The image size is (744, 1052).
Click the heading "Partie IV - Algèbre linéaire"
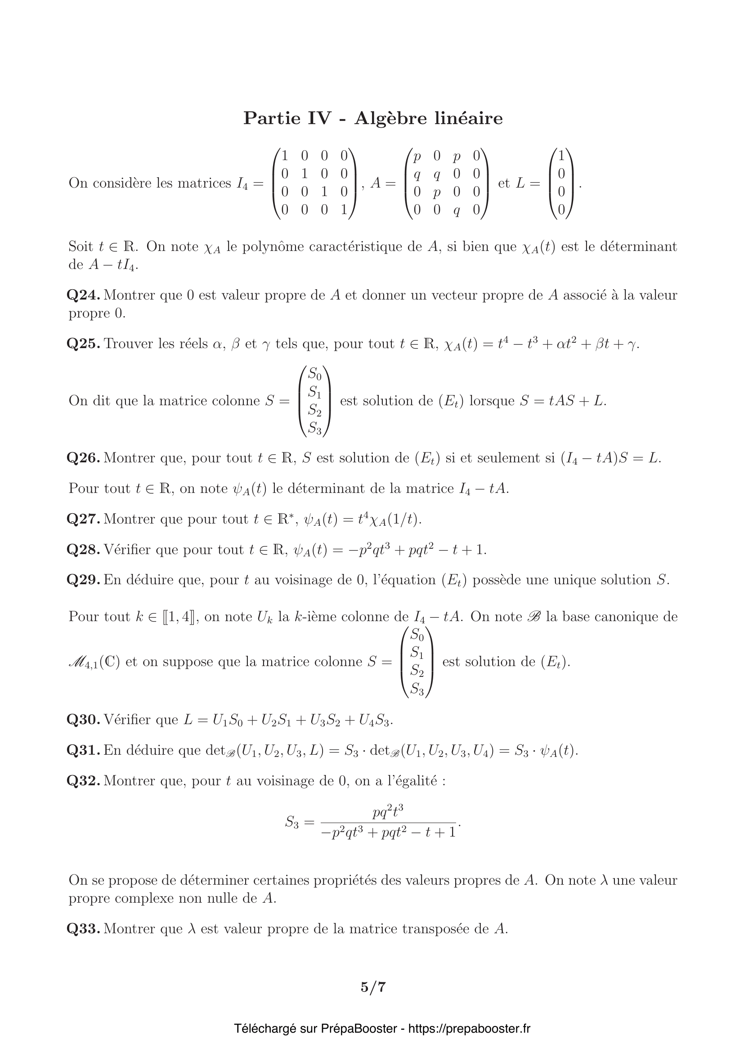[372, 118]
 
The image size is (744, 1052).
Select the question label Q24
[83, 295]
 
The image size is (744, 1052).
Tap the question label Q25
[83, 344]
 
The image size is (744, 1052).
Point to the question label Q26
[83, 458]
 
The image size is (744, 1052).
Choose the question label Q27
[83, 519]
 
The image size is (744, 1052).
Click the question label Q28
[83, 549]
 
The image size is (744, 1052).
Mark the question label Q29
[83, 580]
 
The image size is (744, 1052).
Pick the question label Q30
[83, 720]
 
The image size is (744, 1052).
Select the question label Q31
[83, 751]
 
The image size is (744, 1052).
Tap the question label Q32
[83, 781]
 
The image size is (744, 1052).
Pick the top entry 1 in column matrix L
[561, 156]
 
